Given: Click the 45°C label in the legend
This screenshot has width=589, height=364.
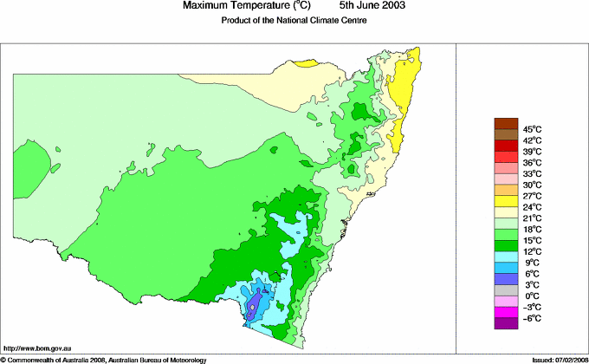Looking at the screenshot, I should point(533,129).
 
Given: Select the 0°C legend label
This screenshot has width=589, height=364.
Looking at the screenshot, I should point(533,296).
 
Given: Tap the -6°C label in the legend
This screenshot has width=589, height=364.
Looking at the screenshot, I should point(533,318).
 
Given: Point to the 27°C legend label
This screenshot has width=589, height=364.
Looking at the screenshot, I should point(533,196).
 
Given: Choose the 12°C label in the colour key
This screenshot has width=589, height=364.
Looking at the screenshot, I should point(533,251).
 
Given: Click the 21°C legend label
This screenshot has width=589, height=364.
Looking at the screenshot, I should point(533,218).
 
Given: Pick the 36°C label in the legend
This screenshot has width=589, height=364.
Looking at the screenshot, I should point(533,162).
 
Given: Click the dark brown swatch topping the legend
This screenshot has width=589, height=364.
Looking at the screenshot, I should point(506,123).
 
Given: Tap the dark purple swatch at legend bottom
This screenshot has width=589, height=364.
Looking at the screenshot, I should point(506,323).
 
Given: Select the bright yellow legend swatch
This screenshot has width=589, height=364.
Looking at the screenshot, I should point(506,201).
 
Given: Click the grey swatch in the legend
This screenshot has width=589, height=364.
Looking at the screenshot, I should point(506,289).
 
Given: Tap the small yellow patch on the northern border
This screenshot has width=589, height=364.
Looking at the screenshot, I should point(308,63).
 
